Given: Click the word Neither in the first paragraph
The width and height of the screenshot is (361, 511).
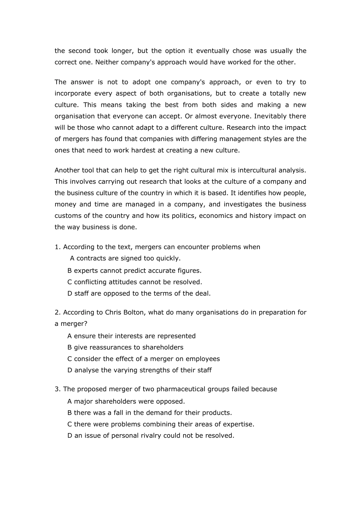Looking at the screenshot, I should pos(106,62).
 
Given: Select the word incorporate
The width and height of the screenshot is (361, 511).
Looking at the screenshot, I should pos(73,94).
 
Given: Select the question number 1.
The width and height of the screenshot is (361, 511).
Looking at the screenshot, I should pos(57,247).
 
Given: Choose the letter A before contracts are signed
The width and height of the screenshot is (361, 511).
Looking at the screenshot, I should pos(72,259).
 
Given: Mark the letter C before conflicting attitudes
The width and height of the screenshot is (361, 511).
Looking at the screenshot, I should pos(70,282).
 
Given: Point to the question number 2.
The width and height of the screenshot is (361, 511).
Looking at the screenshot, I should pos(57,313).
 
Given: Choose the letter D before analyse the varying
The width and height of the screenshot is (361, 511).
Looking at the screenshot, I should pos(70,370).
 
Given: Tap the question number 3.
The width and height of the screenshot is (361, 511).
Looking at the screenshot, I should pos(57,389).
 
